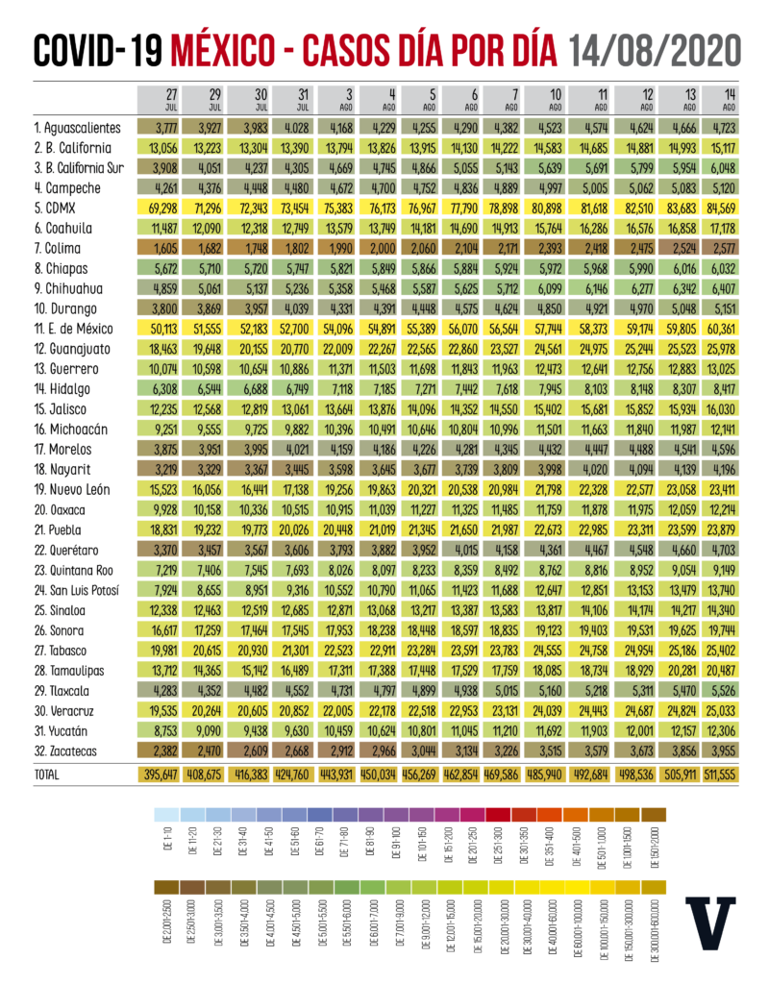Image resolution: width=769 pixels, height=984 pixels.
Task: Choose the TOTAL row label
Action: point(46,774)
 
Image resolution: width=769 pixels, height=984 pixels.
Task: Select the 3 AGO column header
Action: point(341,100)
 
